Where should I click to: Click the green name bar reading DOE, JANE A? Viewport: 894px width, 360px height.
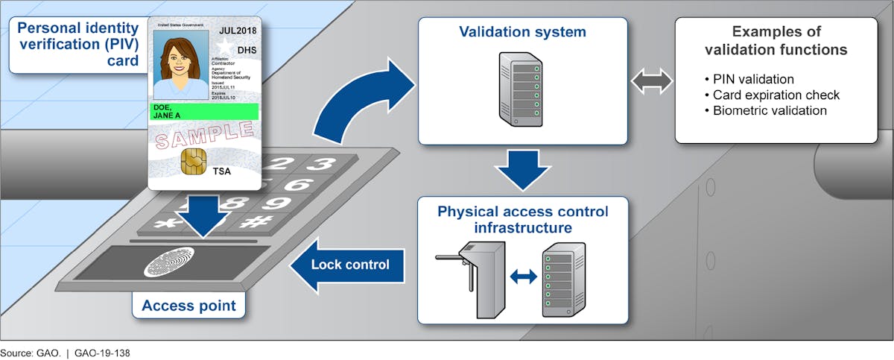(x=204, y=112)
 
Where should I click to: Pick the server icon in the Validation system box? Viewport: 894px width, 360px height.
(x=521, y=87)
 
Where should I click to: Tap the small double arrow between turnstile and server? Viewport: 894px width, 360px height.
(x=523, y=276)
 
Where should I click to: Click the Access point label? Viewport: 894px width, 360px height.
(x=188, y=306)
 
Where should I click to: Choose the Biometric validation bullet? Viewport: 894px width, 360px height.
(x=758, y=110)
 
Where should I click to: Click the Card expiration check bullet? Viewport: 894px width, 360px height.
(x=765, y=95)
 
